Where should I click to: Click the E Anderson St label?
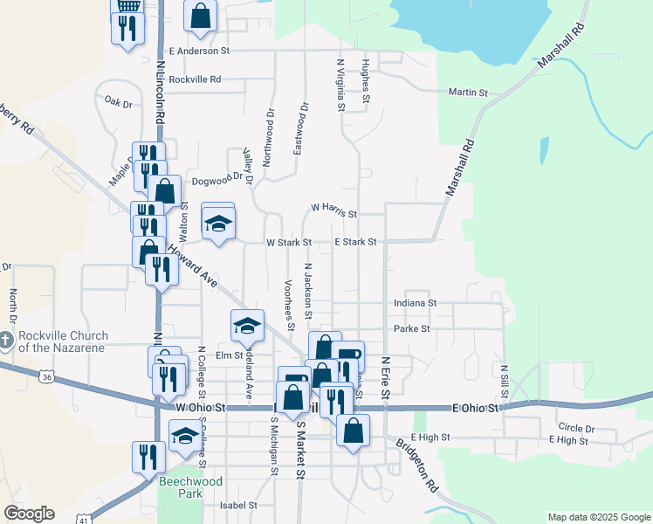(199, 51)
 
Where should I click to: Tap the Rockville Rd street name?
(196, 79)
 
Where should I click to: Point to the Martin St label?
(468, 92)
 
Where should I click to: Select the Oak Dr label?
(118, 102)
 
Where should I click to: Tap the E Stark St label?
(355, 242)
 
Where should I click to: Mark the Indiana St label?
(415, 302)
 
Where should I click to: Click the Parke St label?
(412, 328)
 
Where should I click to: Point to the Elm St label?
(229, 355)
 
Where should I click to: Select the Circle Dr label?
(576, 429)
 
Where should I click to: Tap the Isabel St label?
(238, 505)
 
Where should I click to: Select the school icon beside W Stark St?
(218, 223)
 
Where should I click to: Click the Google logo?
(29, 514)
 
